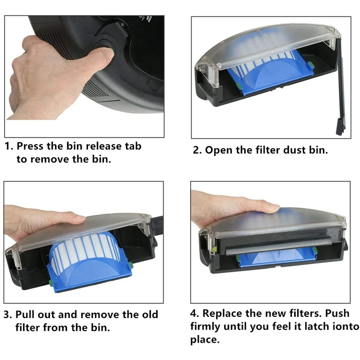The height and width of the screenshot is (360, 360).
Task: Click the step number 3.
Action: pos(8,314)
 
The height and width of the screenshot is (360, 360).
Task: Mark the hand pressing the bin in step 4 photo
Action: pos(229,207)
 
